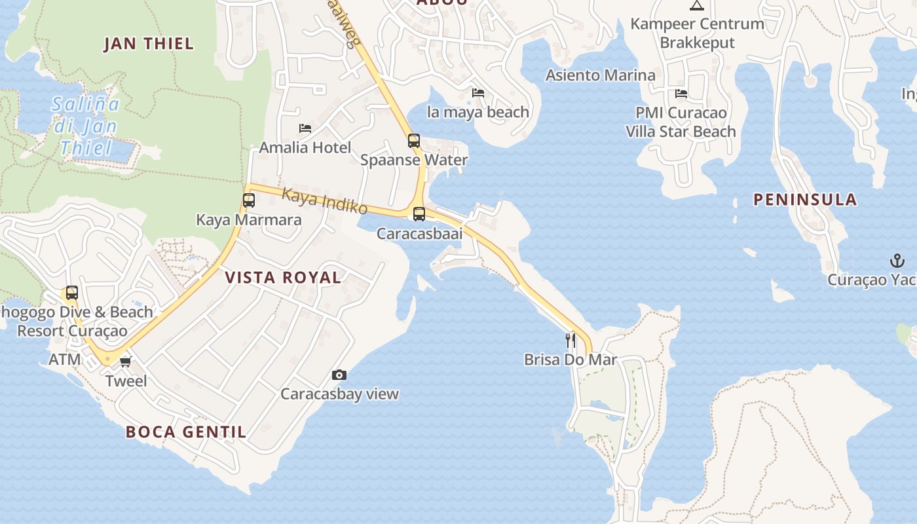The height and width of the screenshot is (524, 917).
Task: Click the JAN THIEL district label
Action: [x=149, y=44]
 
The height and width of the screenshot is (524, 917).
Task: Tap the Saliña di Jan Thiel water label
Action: [x=86, y=126]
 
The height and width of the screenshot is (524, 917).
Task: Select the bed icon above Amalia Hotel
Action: [x=305, y=128]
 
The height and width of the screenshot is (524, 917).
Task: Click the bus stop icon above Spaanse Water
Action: [x=414, y=140]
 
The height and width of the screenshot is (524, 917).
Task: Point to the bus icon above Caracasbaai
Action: [x=419, y=214]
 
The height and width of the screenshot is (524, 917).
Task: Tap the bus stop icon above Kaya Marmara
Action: [x=249, y=200]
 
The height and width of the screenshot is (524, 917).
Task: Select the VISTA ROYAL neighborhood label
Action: [x=283, y=277]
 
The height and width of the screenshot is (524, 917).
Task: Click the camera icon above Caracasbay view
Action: [x=339, y=375]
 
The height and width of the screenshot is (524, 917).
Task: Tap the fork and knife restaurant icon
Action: [x=571, y=340]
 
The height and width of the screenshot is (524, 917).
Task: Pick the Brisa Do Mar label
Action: [x=571, y=360]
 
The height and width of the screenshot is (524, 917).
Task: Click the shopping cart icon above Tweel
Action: [x=126, y=362]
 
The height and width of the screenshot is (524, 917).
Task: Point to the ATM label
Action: [x=65, y=360]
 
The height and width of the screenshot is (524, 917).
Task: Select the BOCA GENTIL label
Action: [x=186, y=432]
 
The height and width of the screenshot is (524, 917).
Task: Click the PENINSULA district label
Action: [x=805, y=200]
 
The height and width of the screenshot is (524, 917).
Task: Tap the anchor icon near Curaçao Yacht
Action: [x=897, y=261]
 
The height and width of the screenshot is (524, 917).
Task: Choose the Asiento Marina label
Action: [x=601, y=75]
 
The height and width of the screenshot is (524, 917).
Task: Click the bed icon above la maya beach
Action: [x=478, y=93]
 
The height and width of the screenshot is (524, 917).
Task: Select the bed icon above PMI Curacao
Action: [x=681, y=94]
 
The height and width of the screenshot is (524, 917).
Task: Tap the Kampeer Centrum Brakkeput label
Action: [x=697, y=33]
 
